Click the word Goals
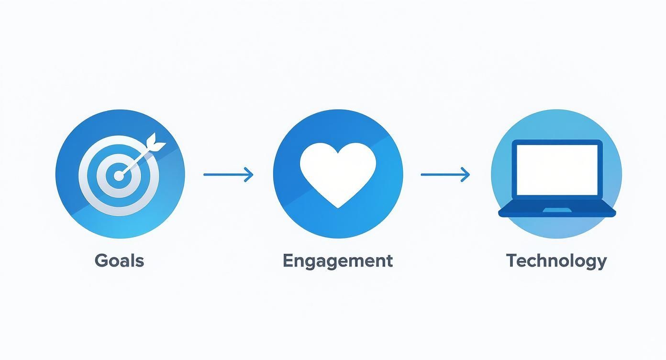pyautogui.click(x=119, y=260)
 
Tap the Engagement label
pyautogui.click(x=338, y=261)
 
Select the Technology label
pyautogui.click(x=556, y=261)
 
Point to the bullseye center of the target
pyautogui.click(x=119, y=176)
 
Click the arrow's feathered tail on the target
pyautogui.click(x=156, y=143)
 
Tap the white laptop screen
pyautogui.click(x=557, y=170)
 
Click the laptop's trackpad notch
pyautogui.click(x=557, y=210)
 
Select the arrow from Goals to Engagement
pyautogui.click(x=228, y=175)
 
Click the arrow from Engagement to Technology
pyautogui.click(x=445, y=175)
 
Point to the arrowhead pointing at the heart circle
pyautogui.click(x=249, y=175)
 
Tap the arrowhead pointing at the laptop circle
pyautogui.click(x=466, y=175)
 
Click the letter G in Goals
pyautogui.click(x=101, y=260)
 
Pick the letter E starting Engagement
pyautogui.click(x=288, y=260)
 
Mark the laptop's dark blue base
pyautogui.click(x=557, y=210)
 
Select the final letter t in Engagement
pyautogui.click(x=389, y=261)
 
